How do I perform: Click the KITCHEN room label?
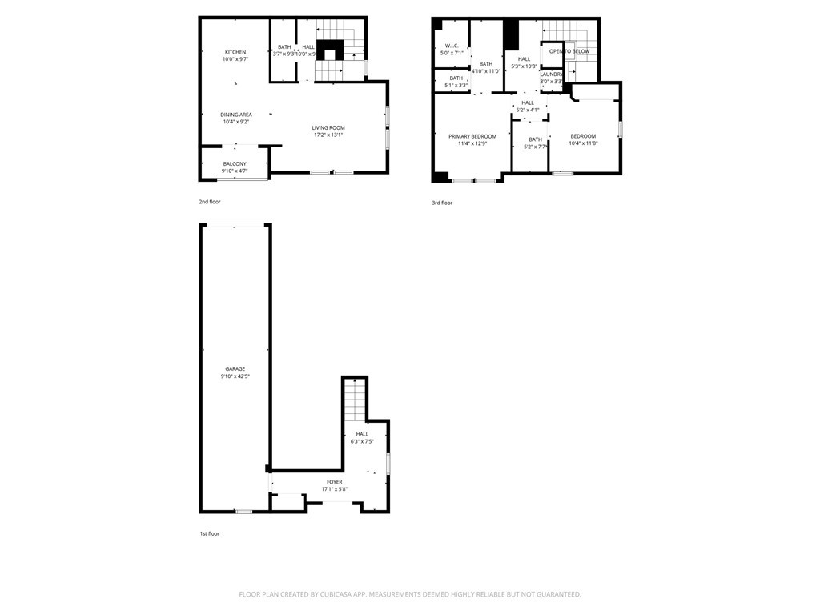coord(235,52)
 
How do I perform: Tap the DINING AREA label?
coord(235,115)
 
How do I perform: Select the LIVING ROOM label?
coord(328,128)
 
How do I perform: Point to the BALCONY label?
coord(235,164)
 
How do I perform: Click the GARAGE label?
coord(235,369)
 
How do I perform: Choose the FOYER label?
coord(334,482)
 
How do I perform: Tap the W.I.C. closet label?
coord(452,46)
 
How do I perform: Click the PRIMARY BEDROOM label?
coord(472,137)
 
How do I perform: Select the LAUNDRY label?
coord(551,74)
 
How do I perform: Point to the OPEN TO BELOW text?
coord(569,51)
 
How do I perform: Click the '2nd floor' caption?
coord(210,202)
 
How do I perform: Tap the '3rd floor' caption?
coord(442,203)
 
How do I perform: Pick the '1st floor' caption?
coord(209,533)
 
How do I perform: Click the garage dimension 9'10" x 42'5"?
coord(235,376)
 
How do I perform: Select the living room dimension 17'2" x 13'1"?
coord(328,135)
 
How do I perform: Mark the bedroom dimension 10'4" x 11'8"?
coord(583,144)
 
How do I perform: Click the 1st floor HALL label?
coord(362,434)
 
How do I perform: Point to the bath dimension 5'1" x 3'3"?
coord(456,85)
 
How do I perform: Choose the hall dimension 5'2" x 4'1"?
coord(528,110)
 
